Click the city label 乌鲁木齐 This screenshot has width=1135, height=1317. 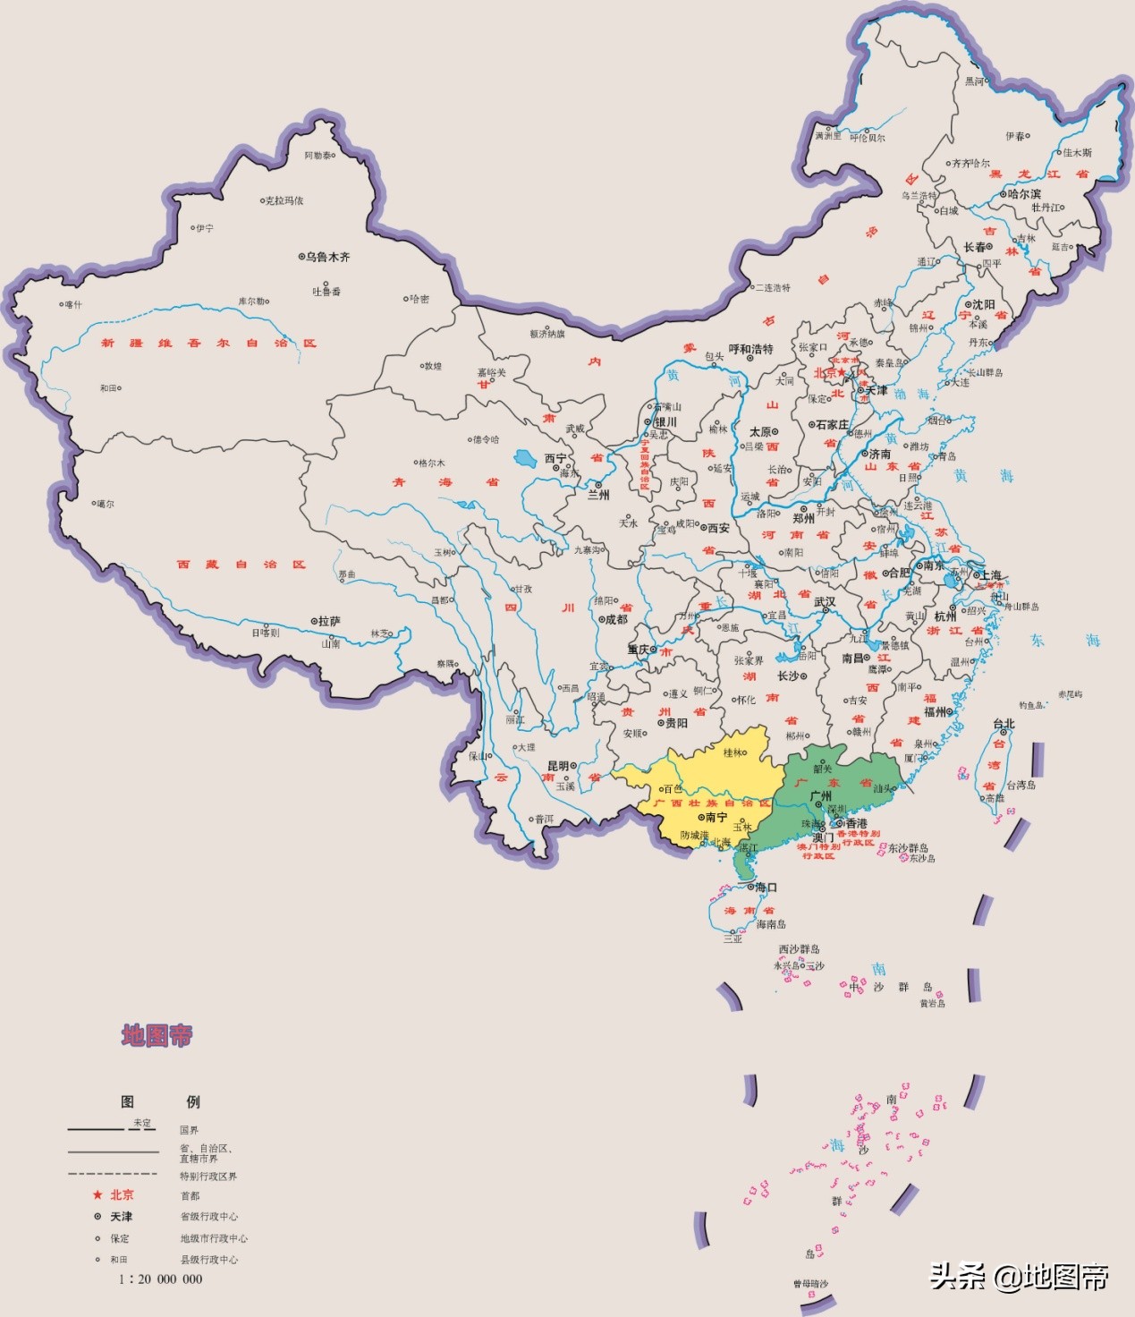click(x=327, y=257)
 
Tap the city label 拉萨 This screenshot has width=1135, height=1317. click(x=328, y=621)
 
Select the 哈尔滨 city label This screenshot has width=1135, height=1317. click(x=1023, y=194)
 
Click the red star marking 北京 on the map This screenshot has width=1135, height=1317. click(x=842, y=372)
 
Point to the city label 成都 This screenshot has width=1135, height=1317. click(x=616, y=619)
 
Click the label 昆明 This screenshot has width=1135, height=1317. click(x=558, y=766)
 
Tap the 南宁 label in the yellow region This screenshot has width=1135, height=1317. click(x=716, y=817)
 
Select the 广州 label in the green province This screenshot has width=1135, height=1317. click(x=820, y=795)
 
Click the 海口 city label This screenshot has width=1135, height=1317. click(x=766, y=888)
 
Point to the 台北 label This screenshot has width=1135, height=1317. click(x=1004, y=724)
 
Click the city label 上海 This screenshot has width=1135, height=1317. click(x=990, y=574)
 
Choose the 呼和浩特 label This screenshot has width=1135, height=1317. click(x=750, y=349)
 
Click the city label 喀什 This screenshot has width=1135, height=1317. click(x=72, y=305)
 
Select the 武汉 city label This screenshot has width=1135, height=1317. click(x=825, y=602)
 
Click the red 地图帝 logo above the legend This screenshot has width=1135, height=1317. click(x=157, y=1036)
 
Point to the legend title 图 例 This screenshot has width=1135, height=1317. click(x=160, y=1101)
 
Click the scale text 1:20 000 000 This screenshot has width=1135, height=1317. click(x=160, y=1279)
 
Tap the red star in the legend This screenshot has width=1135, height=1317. click(x=97, y=1195)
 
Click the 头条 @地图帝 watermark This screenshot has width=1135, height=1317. click(x=1019, y=1276)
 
